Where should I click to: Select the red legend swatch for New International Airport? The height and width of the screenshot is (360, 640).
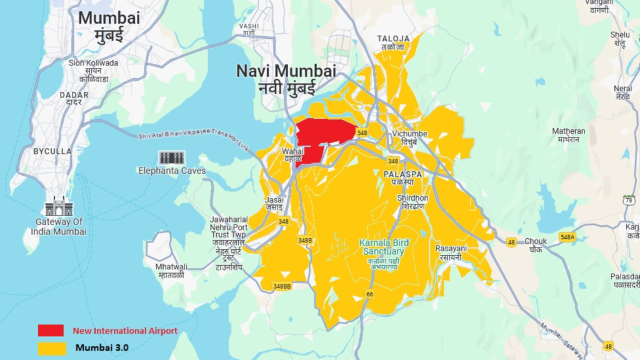point(51,331)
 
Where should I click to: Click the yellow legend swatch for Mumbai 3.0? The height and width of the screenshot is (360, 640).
point(51,347)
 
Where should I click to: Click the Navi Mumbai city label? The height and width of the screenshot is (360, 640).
point(286,78)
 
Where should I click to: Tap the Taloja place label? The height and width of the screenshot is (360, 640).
point(393,42)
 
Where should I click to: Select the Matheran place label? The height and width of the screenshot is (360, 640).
point(569,134)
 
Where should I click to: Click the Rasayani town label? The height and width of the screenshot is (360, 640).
point(448,252)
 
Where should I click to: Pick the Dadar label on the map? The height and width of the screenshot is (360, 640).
point(74,98)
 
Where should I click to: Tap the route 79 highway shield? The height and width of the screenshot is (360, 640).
point(628,199)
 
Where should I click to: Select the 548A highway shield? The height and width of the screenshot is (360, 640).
point(567,237)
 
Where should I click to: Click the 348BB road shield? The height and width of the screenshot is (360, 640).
point(282,286)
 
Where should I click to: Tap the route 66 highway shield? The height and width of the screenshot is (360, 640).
point(370,294)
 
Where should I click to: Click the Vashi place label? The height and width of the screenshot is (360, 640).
point(249,29)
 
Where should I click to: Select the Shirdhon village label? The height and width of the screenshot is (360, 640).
point(412,201)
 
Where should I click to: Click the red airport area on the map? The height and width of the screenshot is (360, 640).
point(322,137)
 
